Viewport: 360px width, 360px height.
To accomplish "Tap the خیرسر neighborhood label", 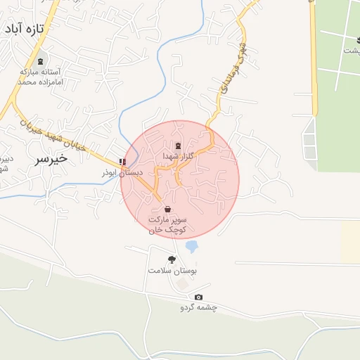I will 51,158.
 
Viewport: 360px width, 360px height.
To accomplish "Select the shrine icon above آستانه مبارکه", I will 41,57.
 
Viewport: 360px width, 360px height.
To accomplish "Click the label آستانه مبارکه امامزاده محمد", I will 41,77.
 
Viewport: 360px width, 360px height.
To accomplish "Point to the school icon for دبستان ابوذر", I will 123,162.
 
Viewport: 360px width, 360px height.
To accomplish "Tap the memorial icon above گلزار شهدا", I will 176,145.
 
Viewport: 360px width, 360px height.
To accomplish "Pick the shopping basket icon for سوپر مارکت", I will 167,209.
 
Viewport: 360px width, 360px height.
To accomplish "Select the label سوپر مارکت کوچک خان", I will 167,224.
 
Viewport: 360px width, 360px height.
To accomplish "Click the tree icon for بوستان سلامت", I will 172,259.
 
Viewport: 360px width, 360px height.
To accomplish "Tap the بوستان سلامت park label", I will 172,271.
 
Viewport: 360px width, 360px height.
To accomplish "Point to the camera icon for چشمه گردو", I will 198,297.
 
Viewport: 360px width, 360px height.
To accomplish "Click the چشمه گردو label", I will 198,307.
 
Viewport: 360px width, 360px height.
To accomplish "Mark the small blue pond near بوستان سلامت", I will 191,247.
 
